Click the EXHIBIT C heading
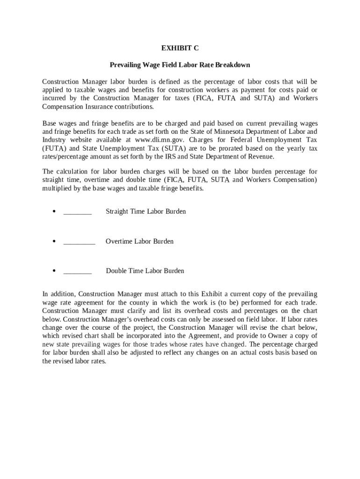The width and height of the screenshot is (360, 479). [180, 48]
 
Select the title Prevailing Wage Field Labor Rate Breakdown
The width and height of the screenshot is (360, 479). [180, 65]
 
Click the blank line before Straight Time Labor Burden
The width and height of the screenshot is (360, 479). [78, 212]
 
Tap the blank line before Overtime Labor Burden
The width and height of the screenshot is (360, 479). [79, 242]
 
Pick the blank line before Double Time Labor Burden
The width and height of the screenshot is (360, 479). [78, 271]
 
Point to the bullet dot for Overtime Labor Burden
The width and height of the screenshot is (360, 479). [55, 241]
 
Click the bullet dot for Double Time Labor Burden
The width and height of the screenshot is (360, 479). [55, 271]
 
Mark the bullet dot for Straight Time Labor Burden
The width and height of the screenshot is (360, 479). [55, 211]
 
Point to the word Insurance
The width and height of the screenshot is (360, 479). [99, 107]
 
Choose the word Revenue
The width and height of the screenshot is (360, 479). [260, 157]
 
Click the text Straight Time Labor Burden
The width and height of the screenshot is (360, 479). [146, 211]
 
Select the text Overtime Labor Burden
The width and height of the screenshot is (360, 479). [139, 241]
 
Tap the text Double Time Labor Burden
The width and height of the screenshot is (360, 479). [145, 271]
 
